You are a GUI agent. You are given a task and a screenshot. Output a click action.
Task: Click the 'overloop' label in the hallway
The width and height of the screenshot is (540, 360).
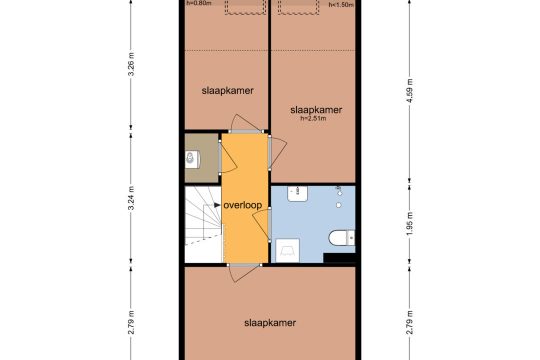(243, 205)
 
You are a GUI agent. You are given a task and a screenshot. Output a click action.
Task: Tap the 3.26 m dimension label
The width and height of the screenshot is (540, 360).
(131, 64)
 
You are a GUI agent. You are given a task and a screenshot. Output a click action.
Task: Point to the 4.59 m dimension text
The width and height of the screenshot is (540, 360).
(409, 91)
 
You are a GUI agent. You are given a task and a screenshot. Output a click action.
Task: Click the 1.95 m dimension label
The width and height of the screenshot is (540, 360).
(409, 224)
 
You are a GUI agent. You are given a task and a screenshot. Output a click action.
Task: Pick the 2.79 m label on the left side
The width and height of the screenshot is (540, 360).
(131, 322)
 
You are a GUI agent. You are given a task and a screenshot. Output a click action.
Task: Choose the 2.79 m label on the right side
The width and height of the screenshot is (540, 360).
(409, 322)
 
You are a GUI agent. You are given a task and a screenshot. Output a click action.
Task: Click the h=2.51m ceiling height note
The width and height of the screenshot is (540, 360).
(313, 119)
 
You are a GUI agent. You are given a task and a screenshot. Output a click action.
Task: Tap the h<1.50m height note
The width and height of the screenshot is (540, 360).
(341, 4)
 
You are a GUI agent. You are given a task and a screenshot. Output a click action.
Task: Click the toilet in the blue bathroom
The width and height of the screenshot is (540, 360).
(341, 238)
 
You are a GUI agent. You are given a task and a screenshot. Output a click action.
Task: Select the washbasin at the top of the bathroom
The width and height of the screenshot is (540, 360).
(298, 194)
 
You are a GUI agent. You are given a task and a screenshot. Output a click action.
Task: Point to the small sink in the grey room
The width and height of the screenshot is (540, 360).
(191, 159)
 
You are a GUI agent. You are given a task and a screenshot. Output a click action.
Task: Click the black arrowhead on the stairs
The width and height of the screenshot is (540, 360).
(217, 205)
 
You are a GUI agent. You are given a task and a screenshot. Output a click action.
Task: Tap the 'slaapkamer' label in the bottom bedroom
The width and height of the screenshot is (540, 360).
(270, 323)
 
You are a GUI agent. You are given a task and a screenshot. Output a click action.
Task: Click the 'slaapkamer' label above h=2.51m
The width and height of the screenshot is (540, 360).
(316, 110)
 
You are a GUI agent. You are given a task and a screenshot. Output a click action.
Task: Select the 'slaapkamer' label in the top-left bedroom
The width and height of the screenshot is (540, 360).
(228, 91)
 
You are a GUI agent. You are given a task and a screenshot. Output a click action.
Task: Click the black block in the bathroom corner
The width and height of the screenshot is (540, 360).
(339, 258)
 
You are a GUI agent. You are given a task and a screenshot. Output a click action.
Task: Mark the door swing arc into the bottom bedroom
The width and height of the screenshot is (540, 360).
(241, 277)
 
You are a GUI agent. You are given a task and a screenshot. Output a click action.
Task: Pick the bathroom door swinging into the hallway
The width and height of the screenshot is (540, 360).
(259, 224)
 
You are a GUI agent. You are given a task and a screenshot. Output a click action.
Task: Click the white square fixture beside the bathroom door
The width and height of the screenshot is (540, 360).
(288, 250)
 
